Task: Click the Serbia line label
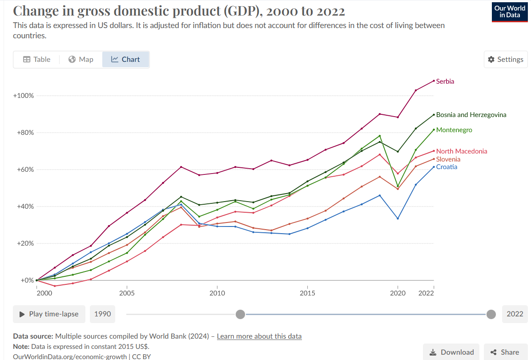coord(445,81)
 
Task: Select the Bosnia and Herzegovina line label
coord(471,115)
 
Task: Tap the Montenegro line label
coord(454,130)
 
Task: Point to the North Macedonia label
coord(462,151)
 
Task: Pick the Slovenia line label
coord(448,159)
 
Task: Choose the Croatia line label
coord(447,167)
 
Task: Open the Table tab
coord(36,60)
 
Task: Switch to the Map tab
coord(81,60)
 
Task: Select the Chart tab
coord(125,60)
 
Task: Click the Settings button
coord(506,60)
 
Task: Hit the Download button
coord(451,352)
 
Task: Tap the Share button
coord(505,352)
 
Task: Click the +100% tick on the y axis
coord(24,96)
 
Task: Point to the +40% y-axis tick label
coord(24,206)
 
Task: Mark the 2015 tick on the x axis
coord(307,293)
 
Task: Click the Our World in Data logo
coord(509,12)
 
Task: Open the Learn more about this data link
coord(259,336)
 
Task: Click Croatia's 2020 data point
coord(398,218)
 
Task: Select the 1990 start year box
coord(102,314)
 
